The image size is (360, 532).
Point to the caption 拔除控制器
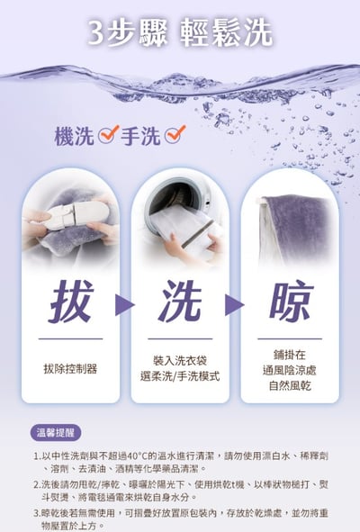click(x=70, y=368)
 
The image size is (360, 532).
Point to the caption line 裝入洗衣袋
click(x=180, y=359)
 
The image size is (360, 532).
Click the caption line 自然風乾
click(x=289, y=385)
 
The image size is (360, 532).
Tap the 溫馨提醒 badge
click(x=56, y=431)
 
